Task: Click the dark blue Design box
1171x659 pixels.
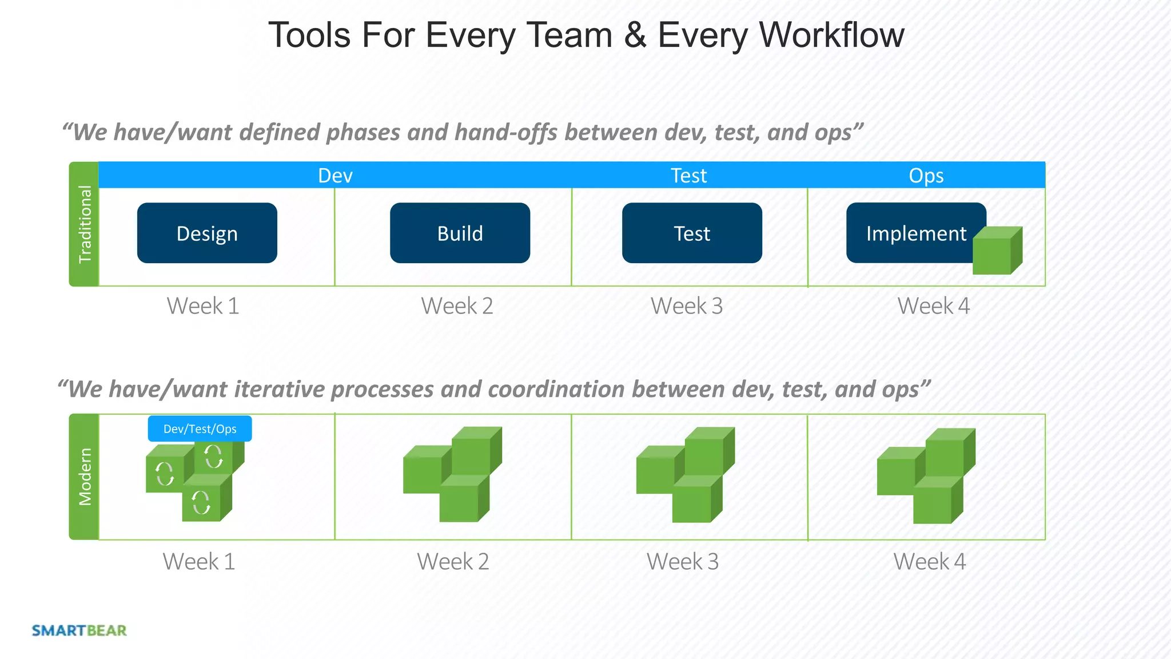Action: (207, 233)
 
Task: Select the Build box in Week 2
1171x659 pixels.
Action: (460, 233)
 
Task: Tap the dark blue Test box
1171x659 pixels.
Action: (692, 233)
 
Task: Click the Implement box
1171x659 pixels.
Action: (909, 233)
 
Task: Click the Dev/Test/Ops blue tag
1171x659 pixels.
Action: (200, 428)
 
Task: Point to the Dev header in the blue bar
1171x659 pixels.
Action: (335, 175)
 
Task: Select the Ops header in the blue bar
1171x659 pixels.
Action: (926, 175)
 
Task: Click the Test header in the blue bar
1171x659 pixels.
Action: (688, 175)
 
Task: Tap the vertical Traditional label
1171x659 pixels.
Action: (84, 224)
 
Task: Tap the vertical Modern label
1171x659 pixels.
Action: (84, 477)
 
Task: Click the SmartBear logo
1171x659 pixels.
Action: (79, 630)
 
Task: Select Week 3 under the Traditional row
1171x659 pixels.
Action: (686, 306)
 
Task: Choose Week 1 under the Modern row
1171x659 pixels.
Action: (198, 561)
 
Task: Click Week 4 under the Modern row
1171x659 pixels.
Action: (929, 561)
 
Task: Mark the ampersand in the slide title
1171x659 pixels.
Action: (635, 35)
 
